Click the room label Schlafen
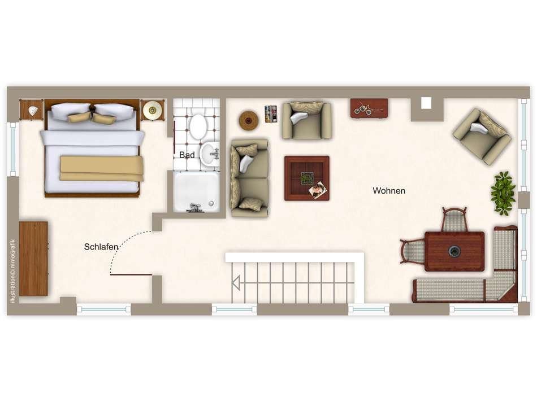[101, 247]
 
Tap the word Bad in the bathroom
[187, 155]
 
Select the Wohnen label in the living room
[389, 191]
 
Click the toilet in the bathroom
[198, 126]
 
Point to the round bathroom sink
[209, 154]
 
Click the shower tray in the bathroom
[196, 191]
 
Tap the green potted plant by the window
[503, 193]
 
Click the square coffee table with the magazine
[307, 178]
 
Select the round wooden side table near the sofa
[249, 120]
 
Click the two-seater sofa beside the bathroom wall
[249, 178]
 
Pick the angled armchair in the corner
[482, 136]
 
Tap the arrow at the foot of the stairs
[236, 283]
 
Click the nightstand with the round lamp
[152, 110]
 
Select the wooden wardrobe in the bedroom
[33, 259]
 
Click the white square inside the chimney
[426, 103]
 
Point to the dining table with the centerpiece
[454, 251]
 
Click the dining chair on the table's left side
[413, 251]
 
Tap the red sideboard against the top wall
[369, 108]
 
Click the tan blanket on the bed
[102, 168]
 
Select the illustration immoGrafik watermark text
[13, 270]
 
